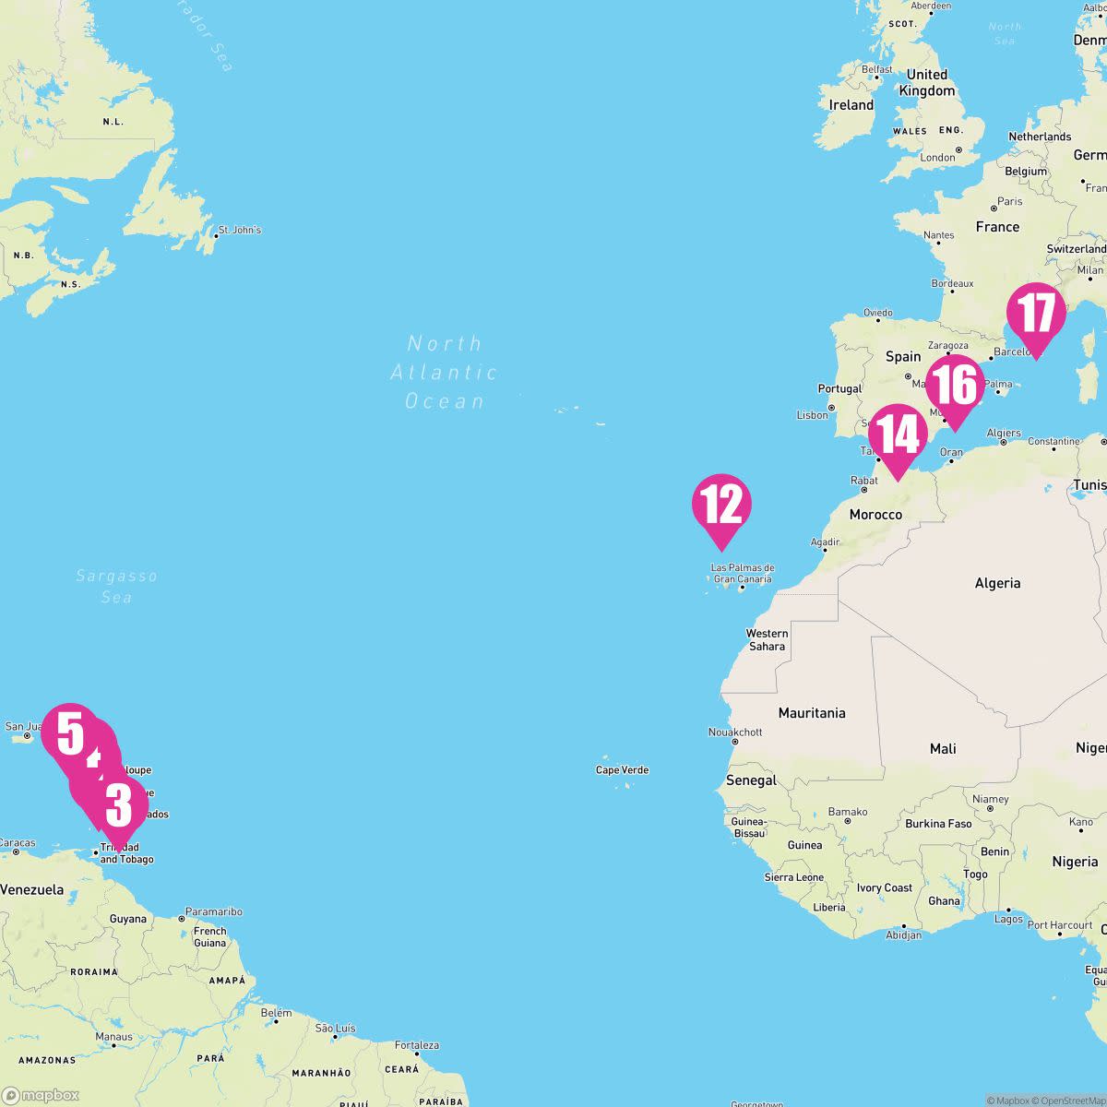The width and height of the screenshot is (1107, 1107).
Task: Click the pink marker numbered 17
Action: pyautogui.click(x=1035, y=314)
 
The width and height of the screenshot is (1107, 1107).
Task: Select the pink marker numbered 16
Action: pyautogui.click(x=956, y=386)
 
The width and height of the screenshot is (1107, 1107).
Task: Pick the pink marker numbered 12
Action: pyautogui.click(x=721, y=506)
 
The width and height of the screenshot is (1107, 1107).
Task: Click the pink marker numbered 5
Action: pyautogui.click(x=69, y=734)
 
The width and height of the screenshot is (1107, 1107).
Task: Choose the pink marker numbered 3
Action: pyautogui.click(x=119, y=806)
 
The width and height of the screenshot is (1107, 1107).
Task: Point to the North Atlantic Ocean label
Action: pyautogui.click(x=445, y=372)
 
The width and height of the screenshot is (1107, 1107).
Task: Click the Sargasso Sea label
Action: pyautogui.click(x=116, y=586)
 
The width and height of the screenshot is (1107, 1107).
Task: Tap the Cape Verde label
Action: pyautogui.click(x=622, y=769)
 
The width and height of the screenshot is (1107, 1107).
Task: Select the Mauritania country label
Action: pyautogui.click(x=812, y=712)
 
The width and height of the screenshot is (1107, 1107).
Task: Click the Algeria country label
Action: pyautogui.click(x=997, y=582)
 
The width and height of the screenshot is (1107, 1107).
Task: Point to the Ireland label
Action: pyautogui.click(x=851, y=105)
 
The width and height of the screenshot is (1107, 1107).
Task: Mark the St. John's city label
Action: pyautogui.click(x=239, y=230)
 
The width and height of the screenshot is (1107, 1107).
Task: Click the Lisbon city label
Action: pyautogui.click(x=812, y=415)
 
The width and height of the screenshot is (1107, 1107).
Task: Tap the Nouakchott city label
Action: pyautogui.click(x=734, y=732)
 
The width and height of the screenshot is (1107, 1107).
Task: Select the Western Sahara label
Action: pyautogui.click(x=767, y=639)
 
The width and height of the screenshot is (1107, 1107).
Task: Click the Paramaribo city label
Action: pyautogui.click(x=213, y=911)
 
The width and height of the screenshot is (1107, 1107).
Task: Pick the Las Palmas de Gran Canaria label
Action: pyautogui.click(x=743, y=573)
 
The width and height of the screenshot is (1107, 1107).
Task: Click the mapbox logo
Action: pyautogui.click(x=41, y=1095)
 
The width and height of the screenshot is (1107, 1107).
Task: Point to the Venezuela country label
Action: pyautogui.click(x=32, y=889)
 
